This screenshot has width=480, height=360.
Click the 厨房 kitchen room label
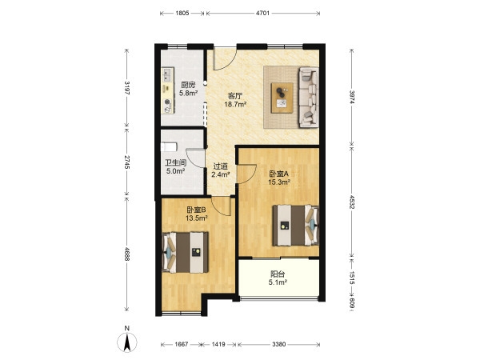188,85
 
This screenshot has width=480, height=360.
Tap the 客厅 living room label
235,96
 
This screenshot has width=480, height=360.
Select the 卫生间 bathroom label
176,163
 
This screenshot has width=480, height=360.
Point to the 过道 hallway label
221,166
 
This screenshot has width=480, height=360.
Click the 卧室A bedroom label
279,174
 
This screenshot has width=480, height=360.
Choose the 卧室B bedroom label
197,210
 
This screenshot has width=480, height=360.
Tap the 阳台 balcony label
278,274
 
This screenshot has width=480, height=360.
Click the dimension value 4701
262,13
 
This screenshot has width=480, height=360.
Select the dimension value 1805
182,13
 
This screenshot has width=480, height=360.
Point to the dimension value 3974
352,98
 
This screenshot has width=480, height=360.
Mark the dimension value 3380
278,344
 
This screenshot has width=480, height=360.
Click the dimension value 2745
127,162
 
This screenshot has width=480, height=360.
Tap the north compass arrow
127,342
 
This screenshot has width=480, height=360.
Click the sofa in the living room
309,97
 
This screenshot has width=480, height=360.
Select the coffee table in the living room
282,98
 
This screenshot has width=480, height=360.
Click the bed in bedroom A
296,226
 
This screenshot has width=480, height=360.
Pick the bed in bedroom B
185,252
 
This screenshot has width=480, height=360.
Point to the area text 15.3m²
279,182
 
